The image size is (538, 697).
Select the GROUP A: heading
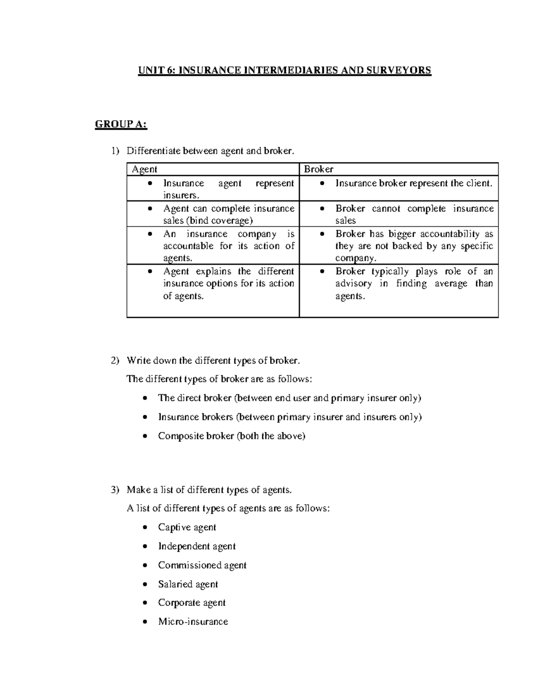click(121, 124)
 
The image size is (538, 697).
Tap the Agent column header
click(144, 169)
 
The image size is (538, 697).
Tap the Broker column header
click(318, 169)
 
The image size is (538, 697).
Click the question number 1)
click(115, 151)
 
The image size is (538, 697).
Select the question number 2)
click(115, 360)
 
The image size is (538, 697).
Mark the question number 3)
click(115, 490)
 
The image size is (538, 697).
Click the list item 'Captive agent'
click(187, 527)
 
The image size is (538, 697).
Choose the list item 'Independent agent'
click(197, 546)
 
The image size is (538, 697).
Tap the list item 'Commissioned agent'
click(202, 565)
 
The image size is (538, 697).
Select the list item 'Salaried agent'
click(188, 584)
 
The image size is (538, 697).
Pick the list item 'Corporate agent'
click(191, 603)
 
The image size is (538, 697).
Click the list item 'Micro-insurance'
click(193, 622)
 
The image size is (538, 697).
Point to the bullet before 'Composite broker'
click(144, 436)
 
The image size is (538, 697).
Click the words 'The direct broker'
click(195, 398)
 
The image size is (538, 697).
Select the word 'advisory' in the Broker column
click(353, 284)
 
